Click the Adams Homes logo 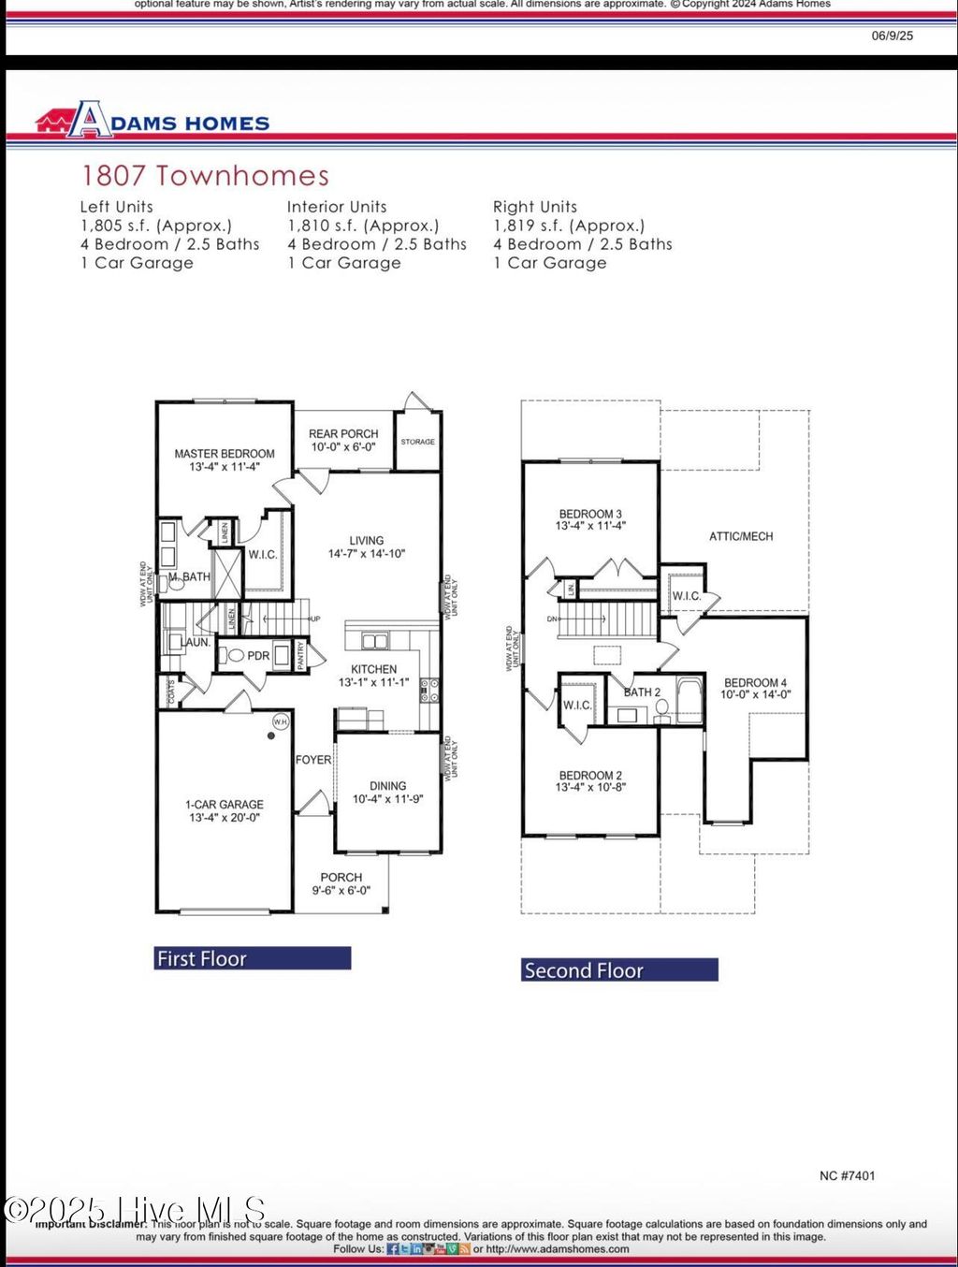click(x=152, y=122)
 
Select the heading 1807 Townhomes click(x=205, y=176)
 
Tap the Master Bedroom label click(x=225, y=454)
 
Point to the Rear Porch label click(x=343, y=434)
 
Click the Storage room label click(x=417, y=442)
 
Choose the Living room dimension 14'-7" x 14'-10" click(x=367, y=554)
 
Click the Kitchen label click(x=374, y=669)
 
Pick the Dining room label click(x=387, y=786)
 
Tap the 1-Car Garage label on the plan click(x=225, y=805)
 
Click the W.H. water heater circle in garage click(x=281, y=721)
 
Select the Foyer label click(x=313, y=760)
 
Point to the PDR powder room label click(x=258, y=656)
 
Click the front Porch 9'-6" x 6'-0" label click(x=341, y=884)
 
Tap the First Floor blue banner click(x=253, y=958)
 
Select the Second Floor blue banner click(x=619, y=970)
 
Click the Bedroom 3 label click(x=590, y=514)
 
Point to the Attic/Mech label click(x=741, y=536)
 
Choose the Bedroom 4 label click(x=755, y=683)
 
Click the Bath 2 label click(x=643, y=692)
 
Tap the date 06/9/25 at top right click(x=892, y=36)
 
